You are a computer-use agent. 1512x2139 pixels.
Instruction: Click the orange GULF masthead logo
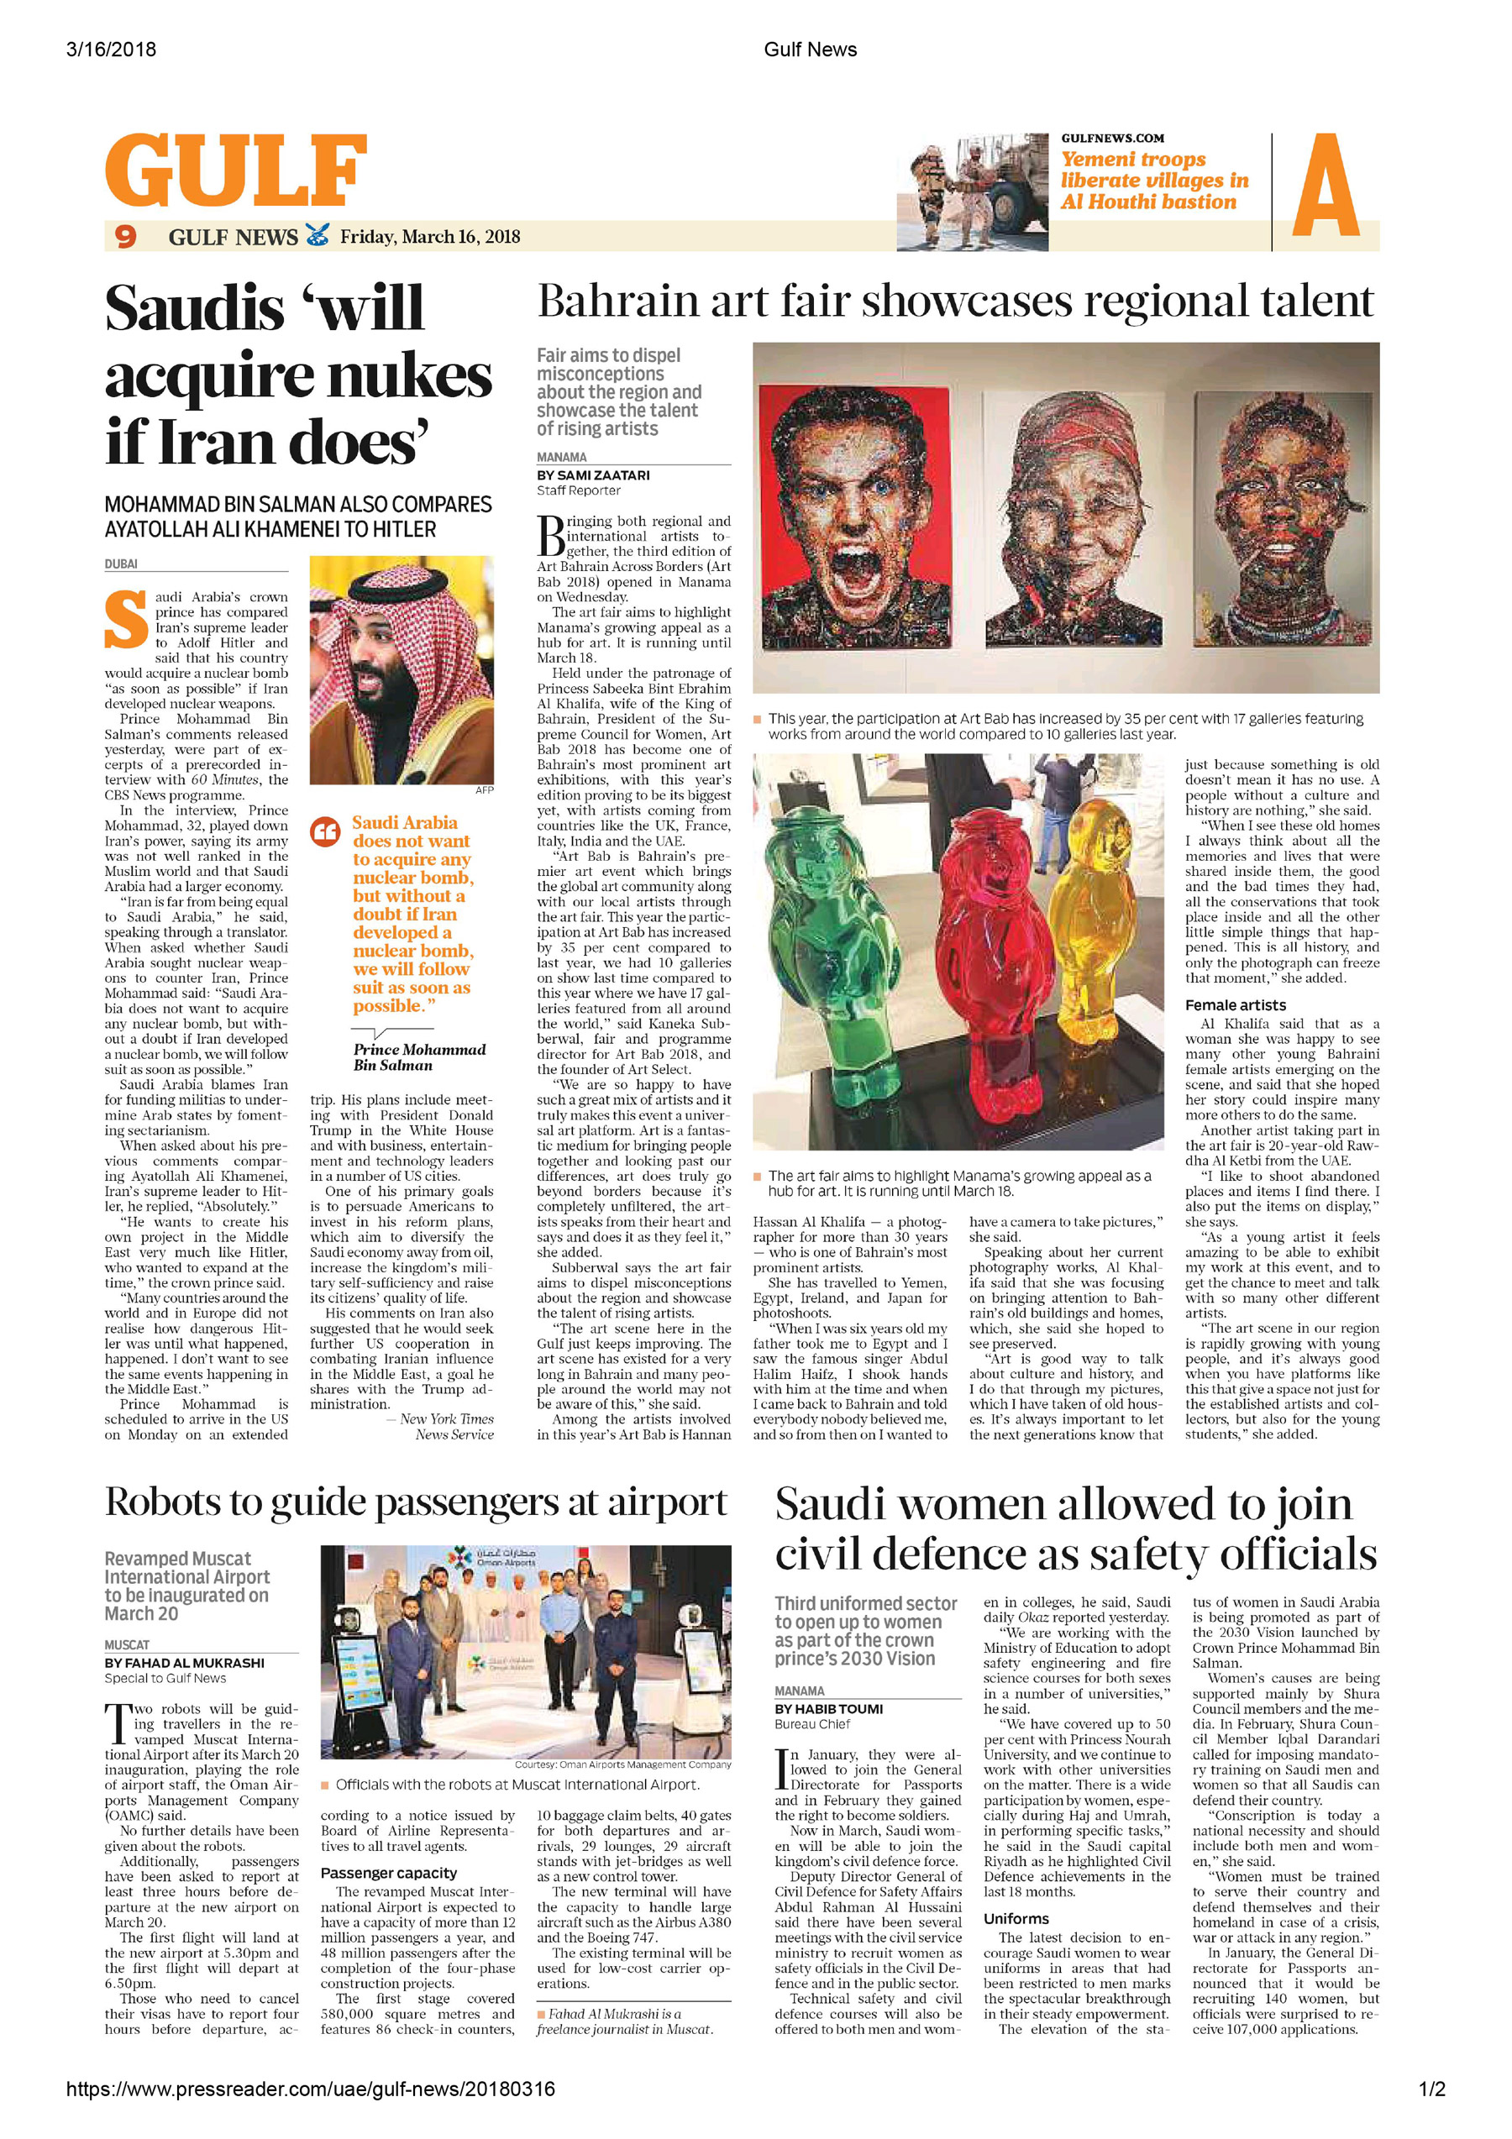[236, 170]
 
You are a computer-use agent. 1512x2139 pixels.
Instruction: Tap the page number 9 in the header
[126, 237]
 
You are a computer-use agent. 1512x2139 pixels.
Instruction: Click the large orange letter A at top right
[1325, 186]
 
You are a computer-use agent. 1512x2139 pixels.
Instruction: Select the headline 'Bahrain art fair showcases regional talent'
[955, 301]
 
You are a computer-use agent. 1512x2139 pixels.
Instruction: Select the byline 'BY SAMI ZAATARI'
[592, 475]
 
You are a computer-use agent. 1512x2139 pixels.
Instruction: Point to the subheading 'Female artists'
[1235, 1005]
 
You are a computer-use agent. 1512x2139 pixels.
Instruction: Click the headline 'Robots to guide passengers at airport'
[416, 1502]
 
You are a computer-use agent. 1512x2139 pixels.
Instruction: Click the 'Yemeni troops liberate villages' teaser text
[1153, 181]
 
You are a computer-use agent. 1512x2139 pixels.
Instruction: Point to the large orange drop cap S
[126, 620]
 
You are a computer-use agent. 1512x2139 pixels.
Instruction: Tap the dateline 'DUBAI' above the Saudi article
[121, 564]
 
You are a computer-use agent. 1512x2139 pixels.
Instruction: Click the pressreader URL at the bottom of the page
[310, 2089]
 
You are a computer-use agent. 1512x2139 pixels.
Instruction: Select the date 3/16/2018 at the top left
[111, 50]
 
